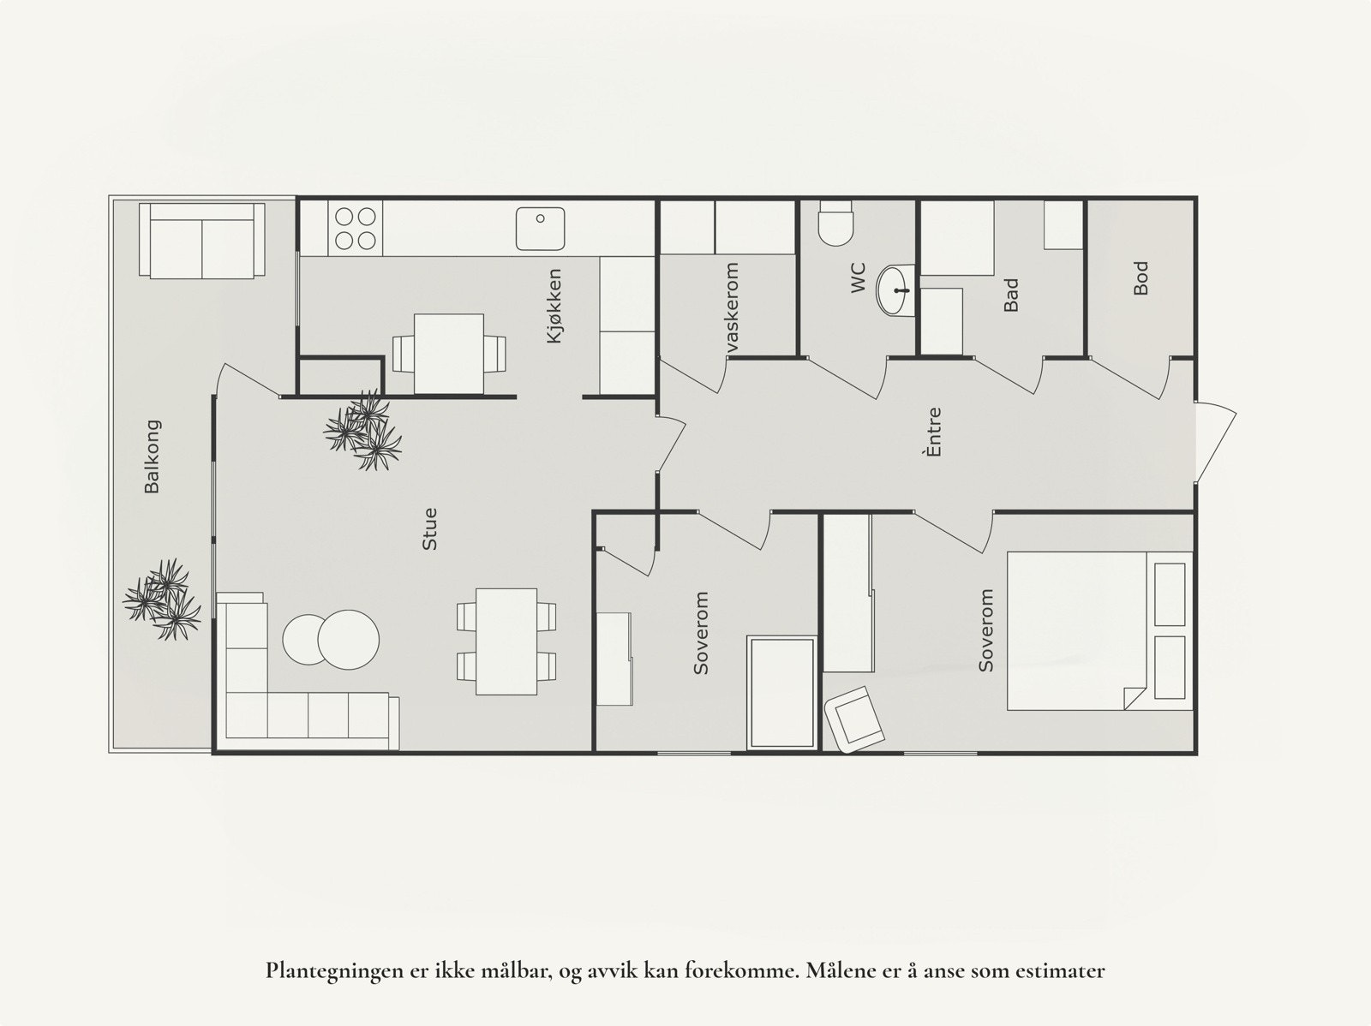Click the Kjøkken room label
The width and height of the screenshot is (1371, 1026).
554,306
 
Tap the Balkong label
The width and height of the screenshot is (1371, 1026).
152,456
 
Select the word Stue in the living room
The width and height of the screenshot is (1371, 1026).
430,528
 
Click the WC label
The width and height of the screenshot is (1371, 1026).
859,277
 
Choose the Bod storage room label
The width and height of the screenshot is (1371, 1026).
1140,278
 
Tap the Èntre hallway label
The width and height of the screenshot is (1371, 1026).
933,432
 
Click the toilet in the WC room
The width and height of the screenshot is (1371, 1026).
836,223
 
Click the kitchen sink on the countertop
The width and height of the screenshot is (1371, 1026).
541,229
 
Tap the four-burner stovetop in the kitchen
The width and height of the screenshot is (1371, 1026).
356,229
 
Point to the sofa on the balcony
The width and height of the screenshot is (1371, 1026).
201,241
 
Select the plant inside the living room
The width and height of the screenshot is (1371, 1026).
363,430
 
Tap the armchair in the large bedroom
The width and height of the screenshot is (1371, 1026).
853,719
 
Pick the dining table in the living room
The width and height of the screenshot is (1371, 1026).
506,641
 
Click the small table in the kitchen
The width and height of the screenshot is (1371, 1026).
448,353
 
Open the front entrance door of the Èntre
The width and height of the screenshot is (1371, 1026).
1215,442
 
